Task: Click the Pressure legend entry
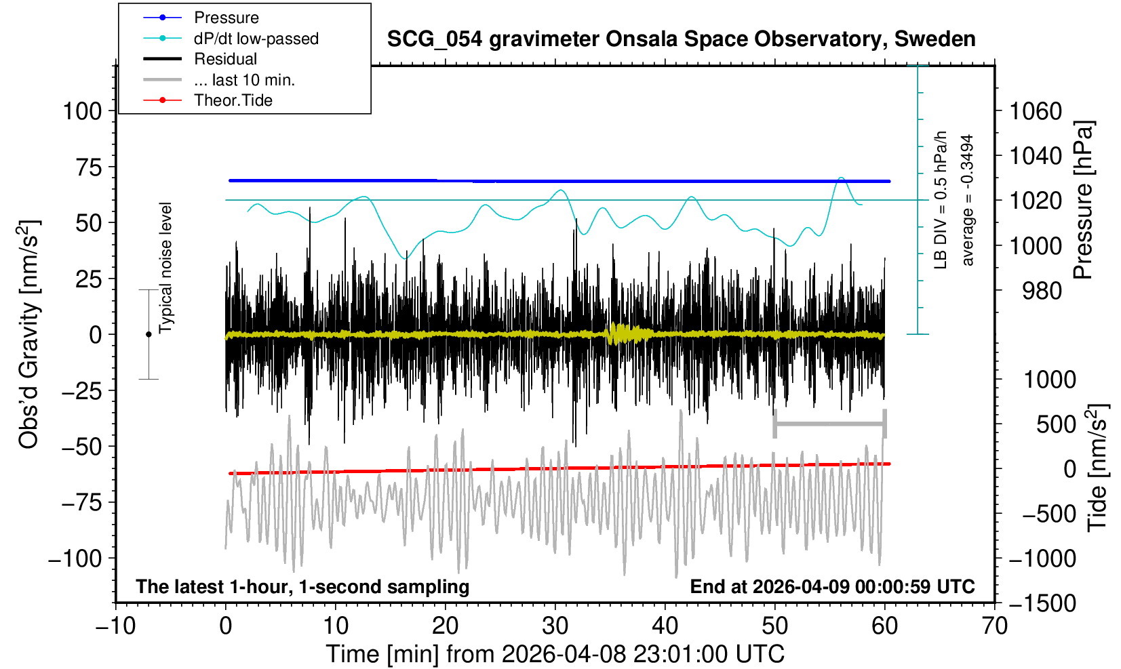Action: pyautogui.click(x=226, y=18)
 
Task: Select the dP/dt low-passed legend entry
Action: pyautogui.click(x=256, y=39)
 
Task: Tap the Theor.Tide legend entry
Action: pyautogui.click(x=233, y=100)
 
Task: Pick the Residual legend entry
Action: pyautogui.click(x=225, y=59)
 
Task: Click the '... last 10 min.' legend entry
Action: pyautogui.click(x=244, y=80)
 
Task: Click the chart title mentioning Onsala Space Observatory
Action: pyautogui.click(x=681, y=39)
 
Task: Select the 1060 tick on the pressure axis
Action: pyautogui.click(x=1036, y=110)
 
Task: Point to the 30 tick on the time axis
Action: pyautogui.click(x=555, y=625)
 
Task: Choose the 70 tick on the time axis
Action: pyautogui.click(x=994, y=625)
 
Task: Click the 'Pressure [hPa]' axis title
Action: pyautogui.click(x=1084, y=200)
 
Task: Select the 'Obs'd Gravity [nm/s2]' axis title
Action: pyautogui.click(x=29, y=334)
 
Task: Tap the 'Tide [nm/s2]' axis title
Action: pyautogui.click(x=1097, y=468)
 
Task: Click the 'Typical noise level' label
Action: pyautogui.click(x=165, y=268)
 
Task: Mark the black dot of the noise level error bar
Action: pyautogui.click(x=149, y=334)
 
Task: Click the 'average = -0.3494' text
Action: pyautogui.click(x=967, y=200)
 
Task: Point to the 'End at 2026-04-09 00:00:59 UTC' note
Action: pyautogui.click(x=832, y=586)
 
